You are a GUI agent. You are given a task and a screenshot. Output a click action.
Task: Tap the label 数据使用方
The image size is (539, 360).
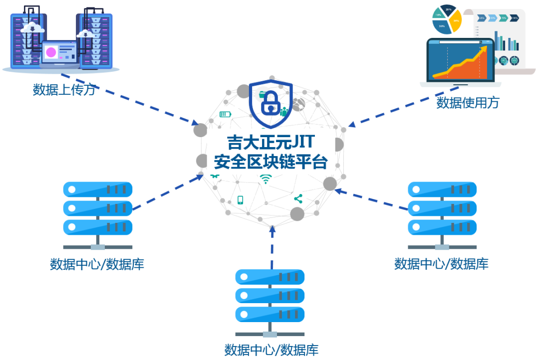468,103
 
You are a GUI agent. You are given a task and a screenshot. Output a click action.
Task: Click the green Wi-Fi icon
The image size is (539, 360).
265,179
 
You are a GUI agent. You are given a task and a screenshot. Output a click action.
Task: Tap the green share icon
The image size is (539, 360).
298,199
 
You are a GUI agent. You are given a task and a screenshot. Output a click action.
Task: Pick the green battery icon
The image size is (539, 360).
226,114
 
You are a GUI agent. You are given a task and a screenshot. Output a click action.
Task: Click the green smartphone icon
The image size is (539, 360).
240,200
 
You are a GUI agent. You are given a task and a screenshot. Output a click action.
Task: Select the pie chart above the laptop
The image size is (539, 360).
447,20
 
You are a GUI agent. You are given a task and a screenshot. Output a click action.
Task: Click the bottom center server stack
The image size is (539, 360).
269,296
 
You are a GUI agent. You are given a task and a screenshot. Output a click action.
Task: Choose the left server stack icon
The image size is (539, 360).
98,209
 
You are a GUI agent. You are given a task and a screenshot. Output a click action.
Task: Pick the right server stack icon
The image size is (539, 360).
442,209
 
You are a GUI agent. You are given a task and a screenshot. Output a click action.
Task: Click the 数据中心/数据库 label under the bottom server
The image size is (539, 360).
271,350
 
